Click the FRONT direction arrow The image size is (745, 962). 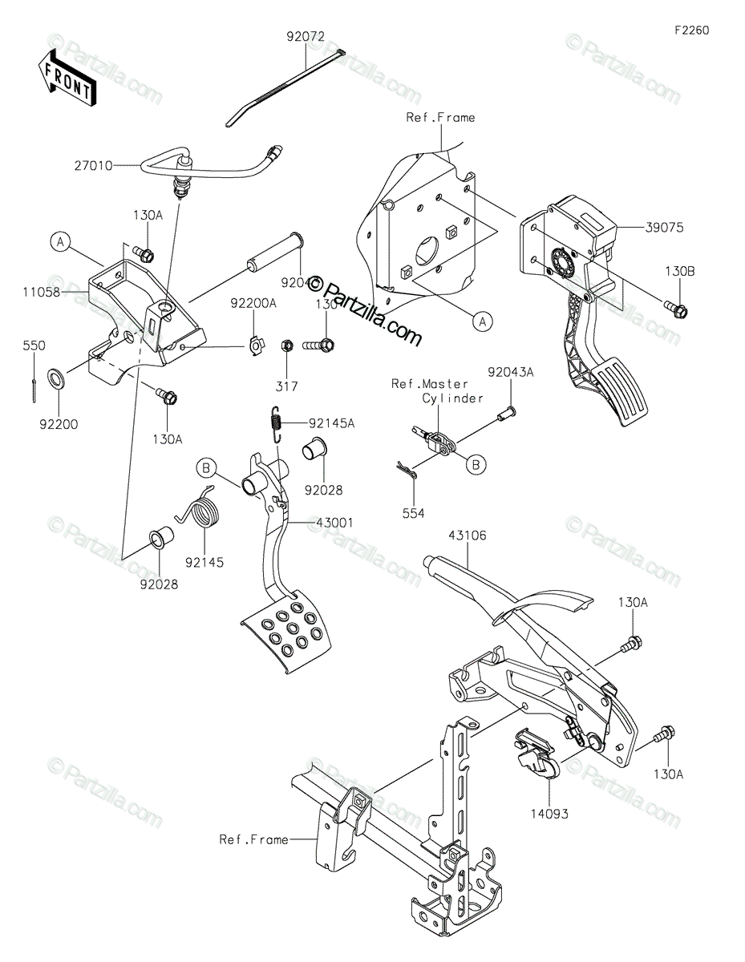[67, 77]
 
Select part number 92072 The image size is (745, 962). [306, 36]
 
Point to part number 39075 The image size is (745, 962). [663, 227]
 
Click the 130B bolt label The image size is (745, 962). [678, 271]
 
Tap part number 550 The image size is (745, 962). [34, 346]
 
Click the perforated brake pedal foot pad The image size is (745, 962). [288, 627]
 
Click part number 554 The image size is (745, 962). [414, 512]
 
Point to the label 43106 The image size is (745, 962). [468, 536]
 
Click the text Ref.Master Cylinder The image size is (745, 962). [438, 391]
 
